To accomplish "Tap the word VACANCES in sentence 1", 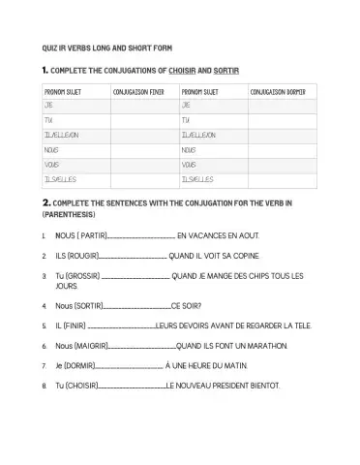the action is (x=211, y=235).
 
